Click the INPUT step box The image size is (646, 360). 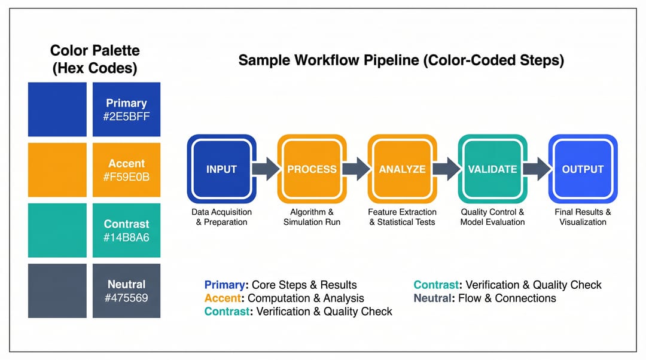point(222,169)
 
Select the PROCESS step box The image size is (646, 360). point(312,169)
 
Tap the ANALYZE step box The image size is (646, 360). point(402,169)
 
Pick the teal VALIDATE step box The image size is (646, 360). point(492,169)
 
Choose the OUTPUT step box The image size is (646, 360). point(583,169)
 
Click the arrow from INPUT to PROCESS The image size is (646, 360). point(267,169)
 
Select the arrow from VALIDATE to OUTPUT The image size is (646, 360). point(538,169)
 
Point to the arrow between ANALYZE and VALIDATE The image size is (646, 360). point(447,169)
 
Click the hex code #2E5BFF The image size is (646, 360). point(126,117)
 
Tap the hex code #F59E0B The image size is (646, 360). point(126,177)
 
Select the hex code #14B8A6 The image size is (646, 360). point(126,237)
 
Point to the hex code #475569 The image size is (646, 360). point(126,298)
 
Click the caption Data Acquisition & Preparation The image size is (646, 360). point(222,217)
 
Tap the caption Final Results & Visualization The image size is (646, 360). point(583,217)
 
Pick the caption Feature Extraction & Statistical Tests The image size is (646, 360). point(402,217)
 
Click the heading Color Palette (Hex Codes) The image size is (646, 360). point(95,59)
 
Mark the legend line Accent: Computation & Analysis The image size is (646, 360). point(284,298)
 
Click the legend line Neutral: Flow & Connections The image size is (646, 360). point(485,298)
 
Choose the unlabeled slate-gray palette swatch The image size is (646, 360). point(57,291)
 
